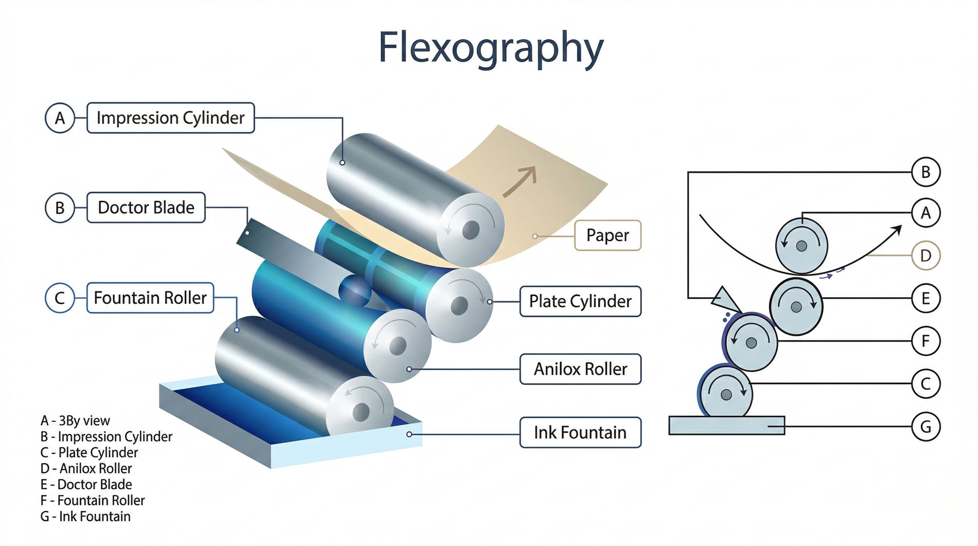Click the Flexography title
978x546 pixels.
491,48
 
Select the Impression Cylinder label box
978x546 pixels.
170,118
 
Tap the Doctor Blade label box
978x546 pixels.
146,208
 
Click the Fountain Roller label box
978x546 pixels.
150,298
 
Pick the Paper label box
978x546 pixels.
607,235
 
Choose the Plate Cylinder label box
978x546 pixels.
580,301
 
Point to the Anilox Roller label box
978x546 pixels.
580,369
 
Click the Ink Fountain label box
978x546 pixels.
580,433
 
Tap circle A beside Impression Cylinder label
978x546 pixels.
60,118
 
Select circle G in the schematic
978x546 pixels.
925,426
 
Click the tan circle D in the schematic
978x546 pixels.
925,255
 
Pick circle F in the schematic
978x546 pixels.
925,341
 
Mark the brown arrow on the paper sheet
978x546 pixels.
520,181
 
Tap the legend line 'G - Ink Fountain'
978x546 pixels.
85,516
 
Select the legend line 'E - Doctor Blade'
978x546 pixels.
86,484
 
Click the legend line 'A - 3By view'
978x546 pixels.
75,421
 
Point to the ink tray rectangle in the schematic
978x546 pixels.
726,425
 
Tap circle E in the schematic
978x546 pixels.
925,298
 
